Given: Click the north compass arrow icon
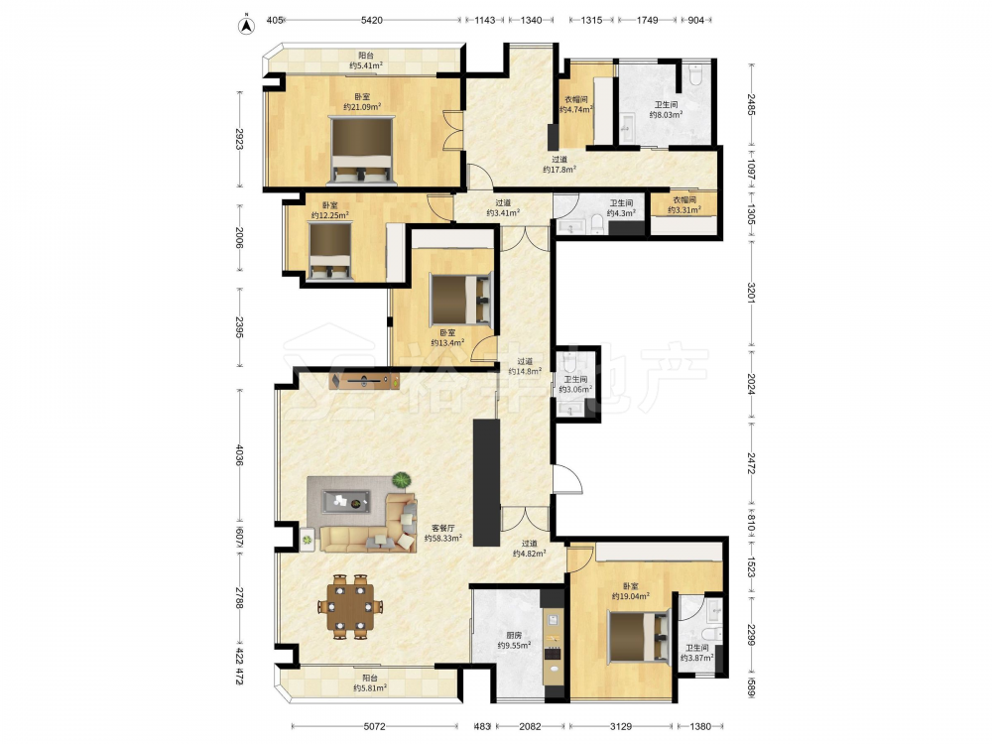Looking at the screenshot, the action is [246, 25].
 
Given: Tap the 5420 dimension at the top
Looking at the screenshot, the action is [371, 20].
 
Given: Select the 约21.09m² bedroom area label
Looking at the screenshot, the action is [362, 107].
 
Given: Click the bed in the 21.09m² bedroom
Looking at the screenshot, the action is [362, 151].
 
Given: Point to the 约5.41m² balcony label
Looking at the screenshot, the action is [366, 65].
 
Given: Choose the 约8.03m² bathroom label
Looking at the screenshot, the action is [666, 114].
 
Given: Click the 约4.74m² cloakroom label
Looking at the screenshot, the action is [575, 109].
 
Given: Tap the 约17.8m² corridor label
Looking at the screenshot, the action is [559, 170].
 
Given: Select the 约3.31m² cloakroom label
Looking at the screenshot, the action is [683, 210].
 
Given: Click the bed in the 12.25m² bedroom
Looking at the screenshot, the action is [329, 251].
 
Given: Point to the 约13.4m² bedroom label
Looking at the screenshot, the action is [447, 343].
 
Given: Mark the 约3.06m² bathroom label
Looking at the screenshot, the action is [575, 390].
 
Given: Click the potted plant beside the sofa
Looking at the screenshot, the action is [401, 480].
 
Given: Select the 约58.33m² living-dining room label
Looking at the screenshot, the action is [442, 539].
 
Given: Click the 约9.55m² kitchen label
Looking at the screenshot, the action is [514, 646].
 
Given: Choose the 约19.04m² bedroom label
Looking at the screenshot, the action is [630, 596].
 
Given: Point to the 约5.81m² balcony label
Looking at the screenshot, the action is [370, 688].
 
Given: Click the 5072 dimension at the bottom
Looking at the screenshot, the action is [374, 726].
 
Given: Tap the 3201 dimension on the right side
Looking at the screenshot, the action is [752, 292].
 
